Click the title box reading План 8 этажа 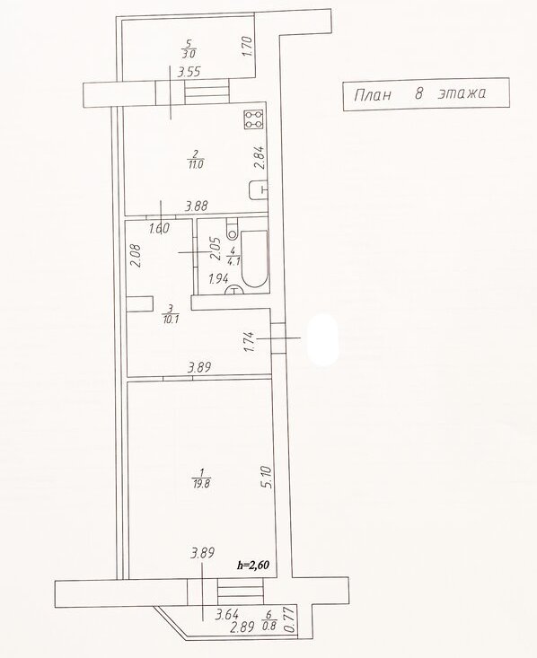click(x=427, y=94)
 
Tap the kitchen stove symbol click(x=254, y=119)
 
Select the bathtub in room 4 click(x=254, y=259)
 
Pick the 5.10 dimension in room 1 click(x=268, y=478)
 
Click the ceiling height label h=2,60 click(x=252, y=565)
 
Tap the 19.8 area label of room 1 click(x=201, y=484)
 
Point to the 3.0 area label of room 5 click(x=189, y=54)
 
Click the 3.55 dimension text click(x=189, y=73)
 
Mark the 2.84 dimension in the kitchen click(x=260, y=157)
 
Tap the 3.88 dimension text click(x=198, y=206)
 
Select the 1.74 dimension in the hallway click(x=249, y=342)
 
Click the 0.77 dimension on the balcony click(x=288, y=619)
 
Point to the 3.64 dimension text click(x=226, y=615)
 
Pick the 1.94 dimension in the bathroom click(x=219, y=278)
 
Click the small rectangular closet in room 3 click(x=140, y=304)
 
